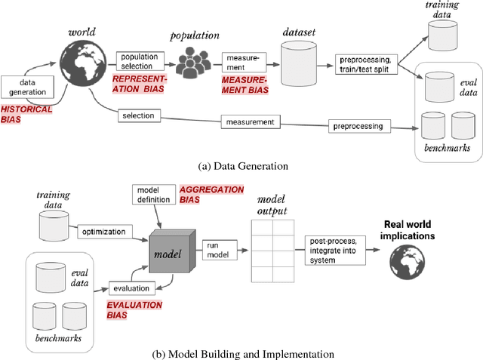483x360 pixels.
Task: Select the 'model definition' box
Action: pos(153,194)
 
